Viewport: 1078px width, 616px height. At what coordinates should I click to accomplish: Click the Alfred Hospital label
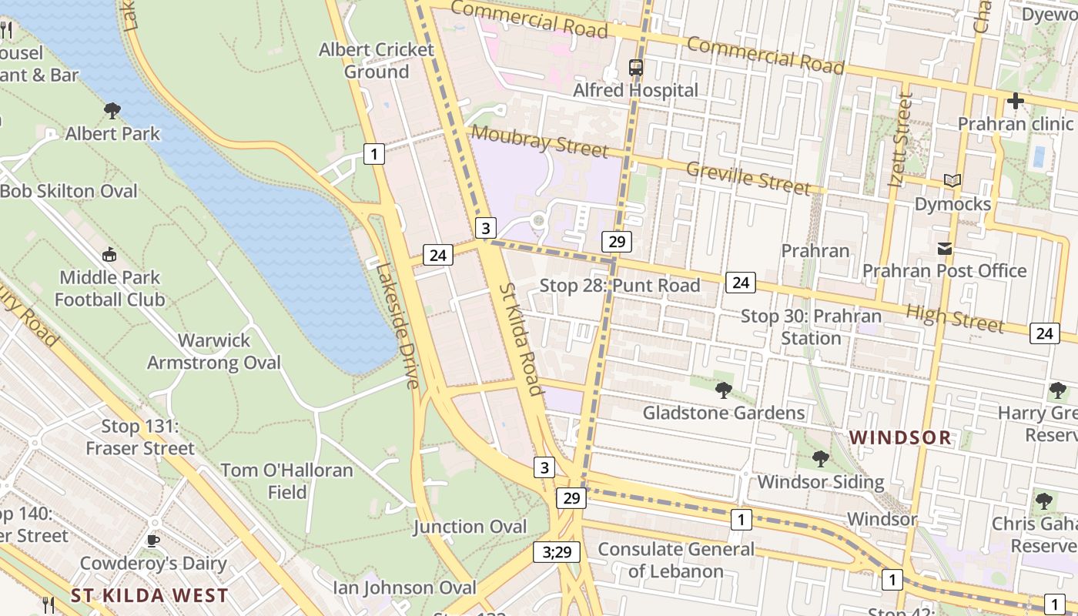tap(635, 90)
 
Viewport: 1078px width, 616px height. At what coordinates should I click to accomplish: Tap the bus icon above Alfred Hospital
tap(635, 68)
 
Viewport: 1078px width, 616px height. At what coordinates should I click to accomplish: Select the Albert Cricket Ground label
tap(377, 61)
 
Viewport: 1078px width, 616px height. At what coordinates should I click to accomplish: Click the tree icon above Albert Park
tap(112, 111)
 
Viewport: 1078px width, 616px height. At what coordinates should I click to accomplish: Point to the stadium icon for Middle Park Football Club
tap(109, 255)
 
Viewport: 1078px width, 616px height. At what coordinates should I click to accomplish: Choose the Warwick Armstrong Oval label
tap(214, 351)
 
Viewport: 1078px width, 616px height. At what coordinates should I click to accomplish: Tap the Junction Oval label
tap(470, 527)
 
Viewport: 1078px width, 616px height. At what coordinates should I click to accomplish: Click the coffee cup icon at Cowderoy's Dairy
tap(153, 541)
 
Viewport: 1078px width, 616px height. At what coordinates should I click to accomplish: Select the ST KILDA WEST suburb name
tap(149, 595)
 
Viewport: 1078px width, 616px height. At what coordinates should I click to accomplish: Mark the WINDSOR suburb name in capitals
tap(900, 438)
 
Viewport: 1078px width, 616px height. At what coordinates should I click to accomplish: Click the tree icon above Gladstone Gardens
tap(723, 390)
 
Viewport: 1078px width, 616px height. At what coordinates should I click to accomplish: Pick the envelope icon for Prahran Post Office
tap(944, 249)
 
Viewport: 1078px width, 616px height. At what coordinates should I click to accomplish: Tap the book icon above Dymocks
tap(952, 181)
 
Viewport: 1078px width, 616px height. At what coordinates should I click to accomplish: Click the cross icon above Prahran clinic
tap(1015, 101)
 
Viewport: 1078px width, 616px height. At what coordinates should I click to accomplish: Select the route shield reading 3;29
tap(556, 551)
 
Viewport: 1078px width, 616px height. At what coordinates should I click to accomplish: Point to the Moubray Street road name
tap(539, 142)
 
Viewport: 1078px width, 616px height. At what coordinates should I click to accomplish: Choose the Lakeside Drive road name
tap(397, 326)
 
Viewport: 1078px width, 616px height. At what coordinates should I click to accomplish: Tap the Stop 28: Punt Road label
tap(619, 286)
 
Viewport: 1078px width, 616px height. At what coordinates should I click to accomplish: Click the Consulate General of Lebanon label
tap(676, 560)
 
